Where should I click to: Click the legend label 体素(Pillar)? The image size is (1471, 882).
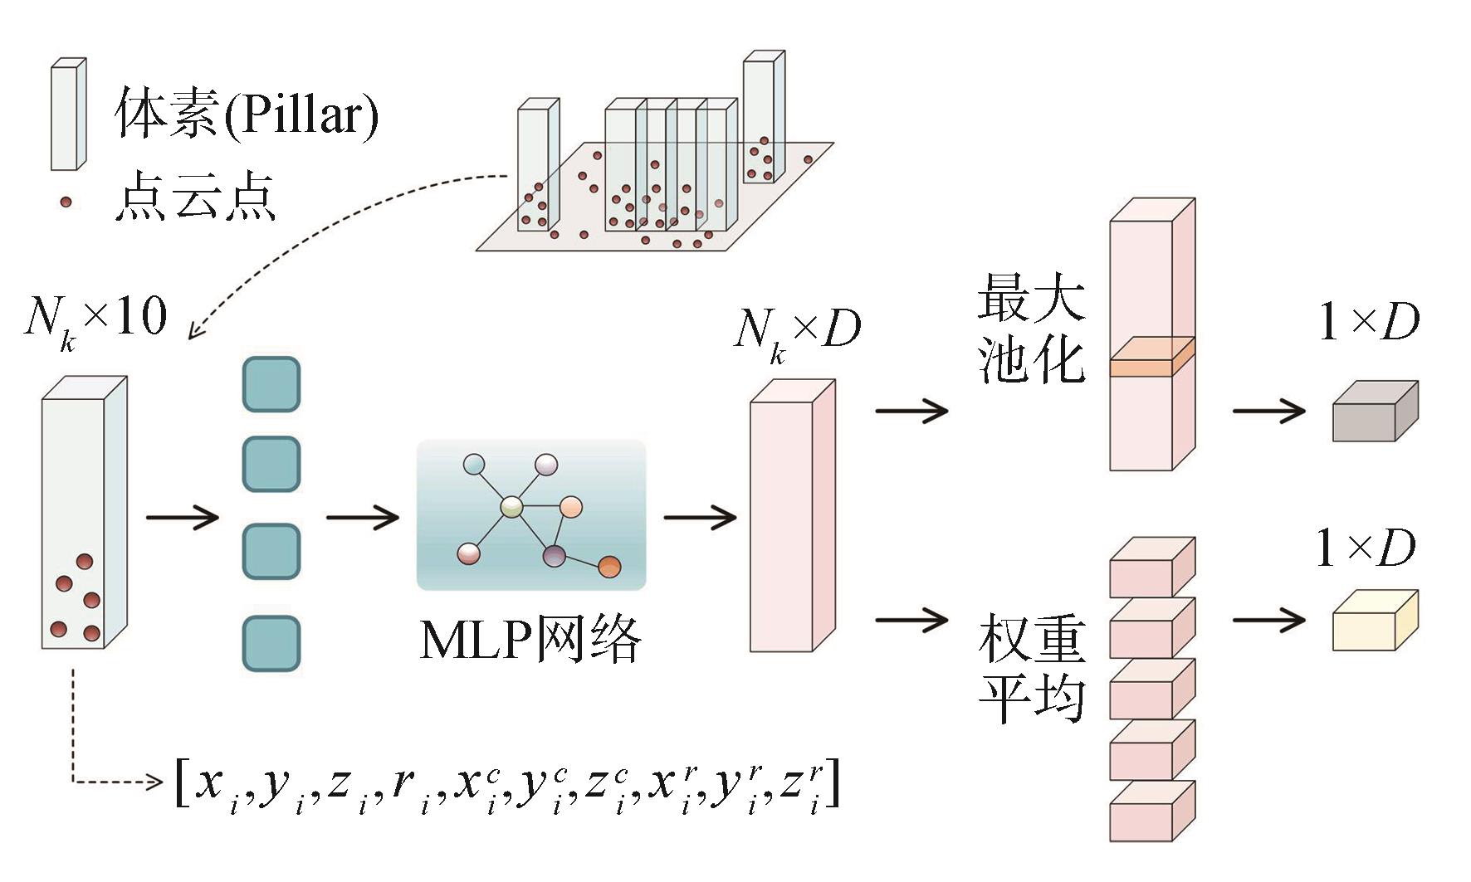tap(247, 113)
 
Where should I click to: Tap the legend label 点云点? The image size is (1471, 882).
tap(195, 197)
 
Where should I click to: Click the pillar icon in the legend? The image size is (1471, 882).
tap(68, 115)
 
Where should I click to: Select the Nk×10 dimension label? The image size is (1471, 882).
tap(95, 319)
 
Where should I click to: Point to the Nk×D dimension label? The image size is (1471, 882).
tap(797, 331)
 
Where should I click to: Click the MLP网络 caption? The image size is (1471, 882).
tap(530, 640)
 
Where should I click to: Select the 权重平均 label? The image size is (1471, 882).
tap(1032, 668)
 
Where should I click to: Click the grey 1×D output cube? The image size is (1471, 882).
tap(1375, 412)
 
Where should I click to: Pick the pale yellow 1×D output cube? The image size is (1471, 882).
tap(1375, 621)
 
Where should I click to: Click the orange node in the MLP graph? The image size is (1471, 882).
tap(609, 567)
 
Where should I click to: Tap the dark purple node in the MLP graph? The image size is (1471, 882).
tap(554, 555)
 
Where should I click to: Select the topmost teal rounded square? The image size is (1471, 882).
tap(271, 384)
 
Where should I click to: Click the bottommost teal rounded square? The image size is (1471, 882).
tap(271, 644)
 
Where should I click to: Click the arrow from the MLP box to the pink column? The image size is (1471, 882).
tap(700, 518)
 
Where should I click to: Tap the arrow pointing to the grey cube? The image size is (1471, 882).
tap(1268, 411)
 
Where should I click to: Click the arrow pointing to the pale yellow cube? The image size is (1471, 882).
tap(1268, 620)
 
